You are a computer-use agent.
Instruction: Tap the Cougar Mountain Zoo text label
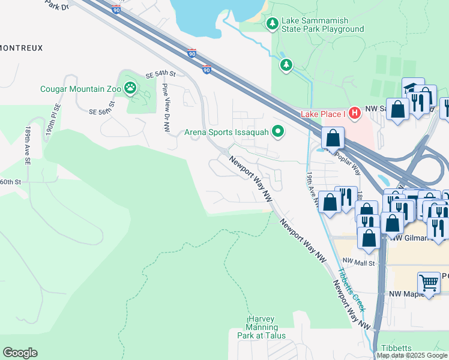pos(79,89)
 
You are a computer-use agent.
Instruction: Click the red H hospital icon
pos(355,112)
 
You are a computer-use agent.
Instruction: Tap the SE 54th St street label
pos(160,75)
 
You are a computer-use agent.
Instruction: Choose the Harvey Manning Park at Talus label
pos(261,328)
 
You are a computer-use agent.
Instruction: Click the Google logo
pos(20,353)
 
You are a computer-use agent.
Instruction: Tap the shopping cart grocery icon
pos(429,283)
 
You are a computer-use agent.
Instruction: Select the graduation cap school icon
pos(413,88)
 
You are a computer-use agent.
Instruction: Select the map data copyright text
pos(412,355)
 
